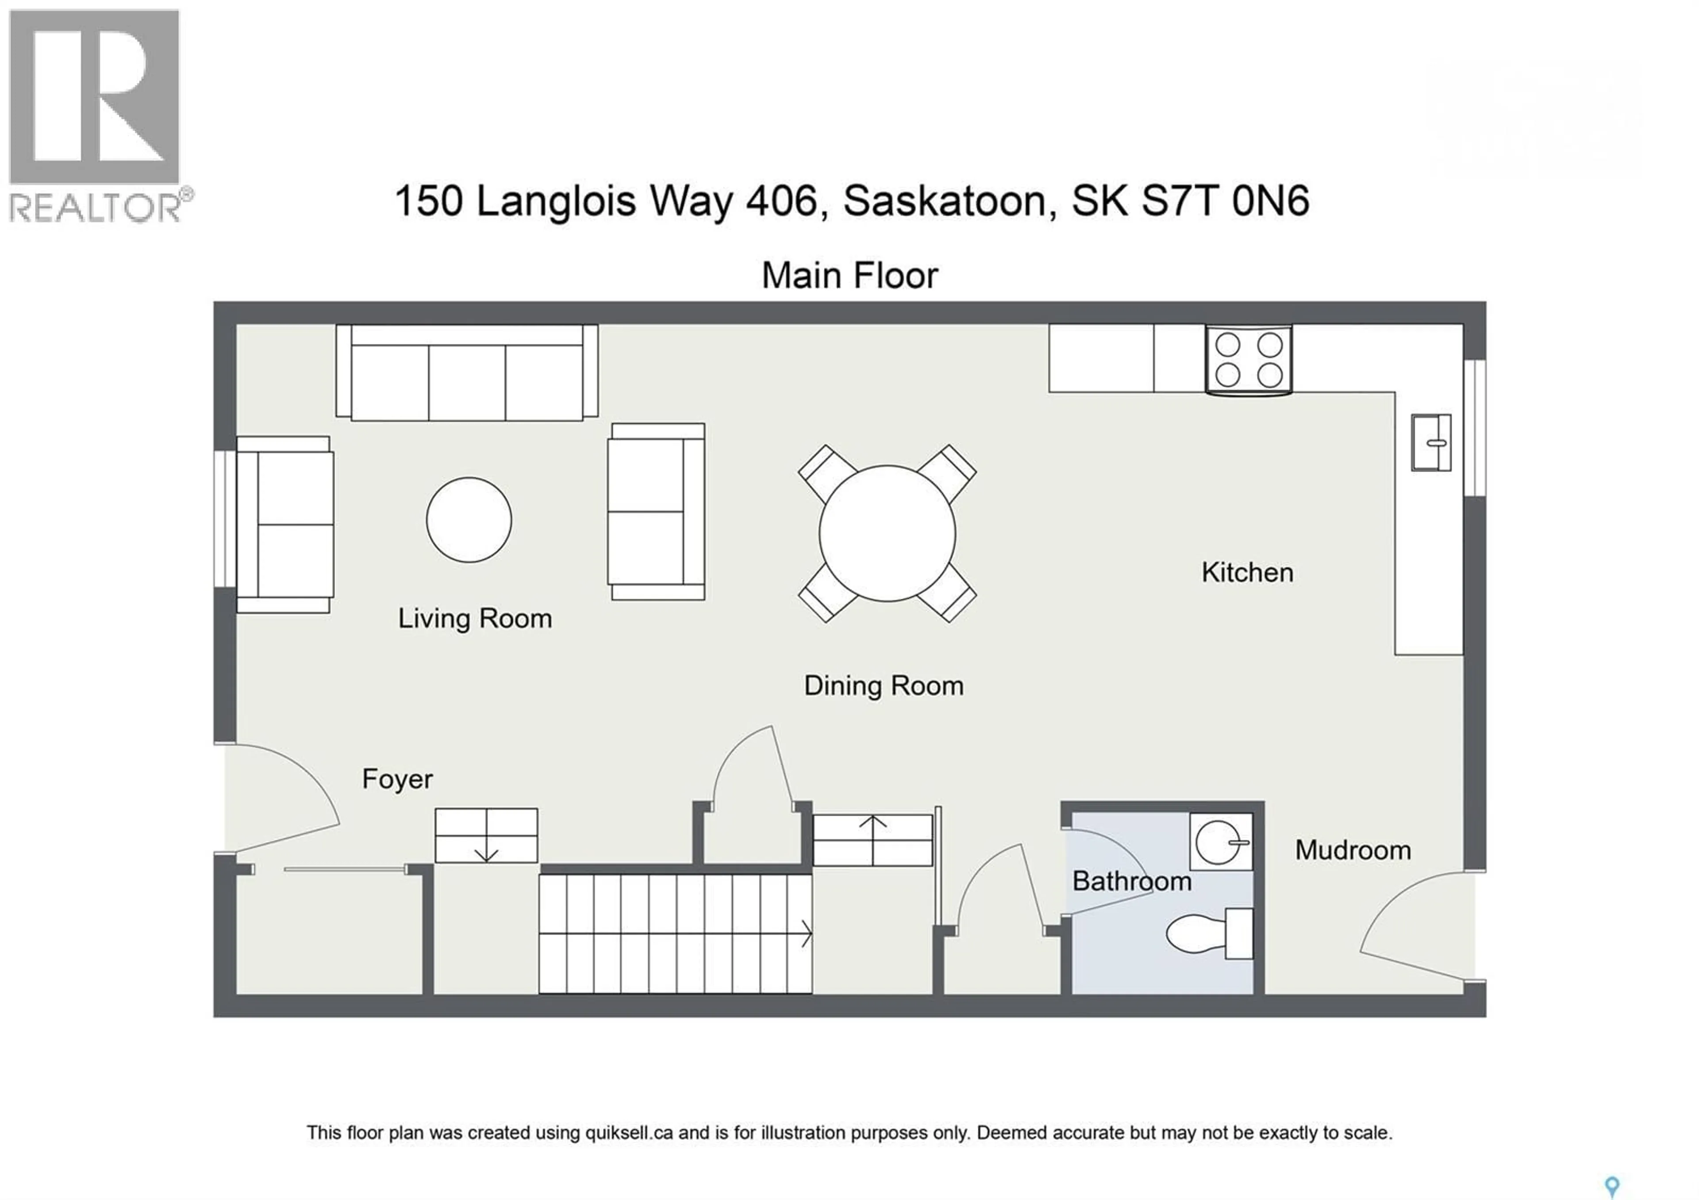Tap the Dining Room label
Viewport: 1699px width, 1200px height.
[884, 686]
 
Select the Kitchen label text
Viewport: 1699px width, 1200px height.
[1247, 573]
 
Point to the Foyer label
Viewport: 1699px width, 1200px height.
[397, 779]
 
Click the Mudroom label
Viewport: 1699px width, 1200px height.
[1353, 850]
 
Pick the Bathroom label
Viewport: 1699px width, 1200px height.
[1131, 881]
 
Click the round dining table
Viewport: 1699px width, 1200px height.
[887, 533]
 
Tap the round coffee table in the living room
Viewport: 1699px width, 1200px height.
[469, 519]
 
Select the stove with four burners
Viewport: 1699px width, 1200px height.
[1248, 360]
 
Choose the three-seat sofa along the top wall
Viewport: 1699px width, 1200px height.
[467, 373]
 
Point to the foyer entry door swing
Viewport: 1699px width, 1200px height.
[281, 799]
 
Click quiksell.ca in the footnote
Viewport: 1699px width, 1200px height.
[629, 1133]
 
